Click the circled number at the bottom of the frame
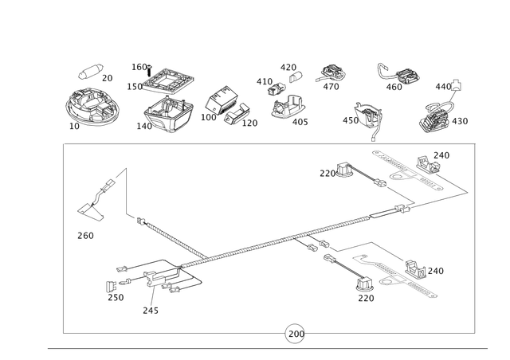pos(294,333)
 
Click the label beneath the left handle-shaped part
pos(85,235)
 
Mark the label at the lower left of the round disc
pos(73,127)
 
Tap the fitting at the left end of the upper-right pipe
pos(343,169)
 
